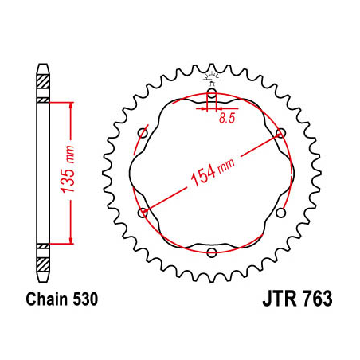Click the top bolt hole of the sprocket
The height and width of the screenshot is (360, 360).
pyautogui.click(x=212, y=93)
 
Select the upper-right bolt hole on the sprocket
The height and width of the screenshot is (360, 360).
pyautogui.click(x=280, y=132)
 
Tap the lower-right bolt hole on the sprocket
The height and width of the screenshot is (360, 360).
pyautogui.click(x=280, y=213)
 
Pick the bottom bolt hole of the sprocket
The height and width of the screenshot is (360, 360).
pyautogui.click(x=212, y=252)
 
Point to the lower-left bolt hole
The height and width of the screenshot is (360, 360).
pyautogui.click(x=143, y=213)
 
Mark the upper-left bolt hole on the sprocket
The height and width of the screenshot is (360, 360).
pyautogui.click(x=143, y=132)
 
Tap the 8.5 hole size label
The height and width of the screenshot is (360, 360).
pyautogui.click(x=226, y=119)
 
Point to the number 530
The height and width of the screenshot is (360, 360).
pyautogui.click(x=84, y=301)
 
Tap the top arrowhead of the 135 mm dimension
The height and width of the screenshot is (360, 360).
pyautogui.click(x=72, y=104)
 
